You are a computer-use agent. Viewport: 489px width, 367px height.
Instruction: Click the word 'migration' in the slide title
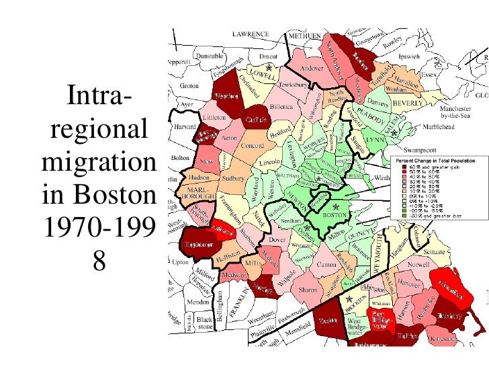[x=98, y=163]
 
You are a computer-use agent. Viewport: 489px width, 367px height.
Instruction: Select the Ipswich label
[x=409, y=57]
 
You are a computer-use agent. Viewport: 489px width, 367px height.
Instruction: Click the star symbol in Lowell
[x=269, y=67]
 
